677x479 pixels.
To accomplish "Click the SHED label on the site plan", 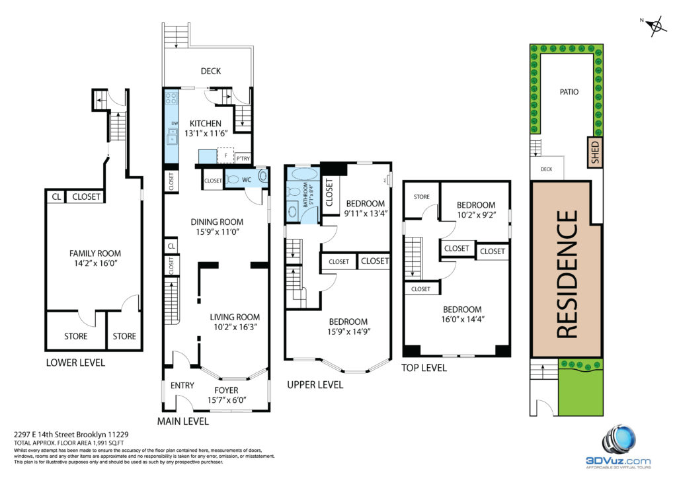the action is point(595,152).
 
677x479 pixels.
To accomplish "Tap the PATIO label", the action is point(569,91).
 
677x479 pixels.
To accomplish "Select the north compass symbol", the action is point(655,26).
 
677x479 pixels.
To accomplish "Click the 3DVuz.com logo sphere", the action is point(619,441).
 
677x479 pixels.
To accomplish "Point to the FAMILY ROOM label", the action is point(95,253).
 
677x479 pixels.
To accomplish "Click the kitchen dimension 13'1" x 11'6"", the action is point(206,134).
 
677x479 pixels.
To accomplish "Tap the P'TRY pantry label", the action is point(243,159).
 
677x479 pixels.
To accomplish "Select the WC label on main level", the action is point(247,180).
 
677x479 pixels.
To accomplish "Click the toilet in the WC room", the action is point(232,179).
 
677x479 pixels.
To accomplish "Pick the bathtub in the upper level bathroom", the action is point(305,174).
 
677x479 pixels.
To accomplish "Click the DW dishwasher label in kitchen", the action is point(175,124).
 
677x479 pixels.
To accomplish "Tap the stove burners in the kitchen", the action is point(171,98).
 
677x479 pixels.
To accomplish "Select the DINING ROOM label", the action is point(217,222).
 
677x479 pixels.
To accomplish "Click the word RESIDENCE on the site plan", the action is point(567,274).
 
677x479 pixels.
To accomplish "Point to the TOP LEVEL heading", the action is point(424,368).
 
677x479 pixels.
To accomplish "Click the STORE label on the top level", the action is point(421,197).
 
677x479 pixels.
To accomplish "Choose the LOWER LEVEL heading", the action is point(75,363).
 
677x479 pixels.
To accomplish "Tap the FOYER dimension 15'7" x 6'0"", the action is point(227,400).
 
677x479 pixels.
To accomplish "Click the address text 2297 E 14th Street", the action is point(54,435).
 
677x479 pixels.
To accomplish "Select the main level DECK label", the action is point(211,71).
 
